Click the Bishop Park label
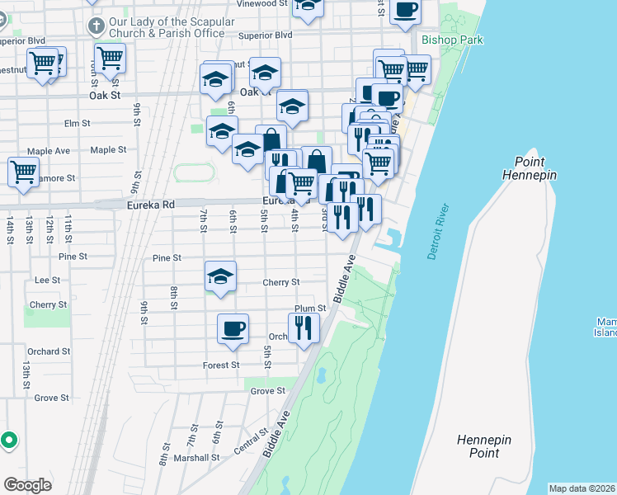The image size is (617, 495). (451, 40)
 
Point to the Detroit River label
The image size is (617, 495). (437, 233)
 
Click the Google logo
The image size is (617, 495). (28, 485)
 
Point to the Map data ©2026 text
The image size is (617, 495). (582, 488)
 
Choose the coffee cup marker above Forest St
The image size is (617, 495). (233, 329)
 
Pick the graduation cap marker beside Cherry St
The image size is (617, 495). (220, 276)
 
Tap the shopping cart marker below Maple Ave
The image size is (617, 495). (23, 172)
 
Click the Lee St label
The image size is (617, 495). (47, 280)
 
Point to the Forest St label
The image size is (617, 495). (221, 365)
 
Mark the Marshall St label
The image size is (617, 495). (201, 458)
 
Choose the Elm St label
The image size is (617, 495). (76, 124)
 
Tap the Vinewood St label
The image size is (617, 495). (261, 4)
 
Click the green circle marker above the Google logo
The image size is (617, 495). (9, 440)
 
